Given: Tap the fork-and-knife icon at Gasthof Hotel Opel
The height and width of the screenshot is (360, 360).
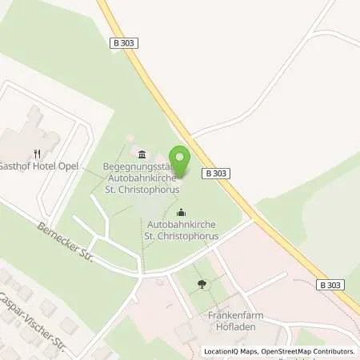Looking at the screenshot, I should tap(36, 154).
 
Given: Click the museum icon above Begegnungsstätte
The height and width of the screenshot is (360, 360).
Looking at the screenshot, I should tap(142, 154).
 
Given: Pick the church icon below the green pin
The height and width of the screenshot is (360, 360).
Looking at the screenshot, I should tap(181, 212).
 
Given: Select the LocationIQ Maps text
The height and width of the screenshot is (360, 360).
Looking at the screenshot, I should tap(226, 350).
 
